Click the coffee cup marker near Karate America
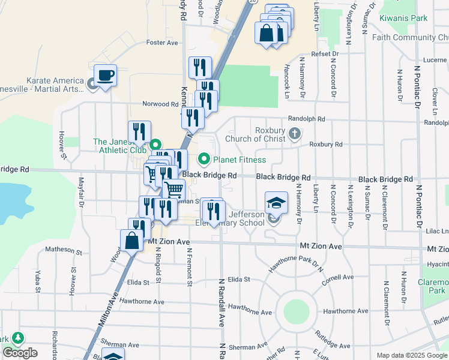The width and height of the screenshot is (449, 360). (105, 76)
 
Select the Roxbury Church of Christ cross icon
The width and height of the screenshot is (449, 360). (294, 133)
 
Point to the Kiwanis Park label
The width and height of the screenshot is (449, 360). (403, 18)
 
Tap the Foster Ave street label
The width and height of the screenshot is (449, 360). (163, 43)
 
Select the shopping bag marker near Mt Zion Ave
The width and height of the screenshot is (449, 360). (132, 241)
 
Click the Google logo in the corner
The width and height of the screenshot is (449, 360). (20, 353)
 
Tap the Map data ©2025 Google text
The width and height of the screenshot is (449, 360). (411, 355)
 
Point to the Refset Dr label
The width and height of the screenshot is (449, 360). (325, 53)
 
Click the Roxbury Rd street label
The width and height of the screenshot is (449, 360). (325, 144)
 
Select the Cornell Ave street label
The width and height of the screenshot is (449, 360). (337, 280)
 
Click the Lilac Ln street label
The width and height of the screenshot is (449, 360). (436, 230)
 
